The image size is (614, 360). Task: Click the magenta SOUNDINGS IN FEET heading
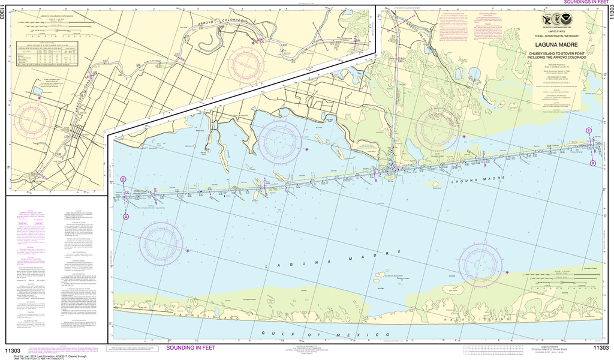(x=581, y=3)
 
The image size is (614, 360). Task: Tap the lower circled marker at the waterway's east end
(x=593, y=163)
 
